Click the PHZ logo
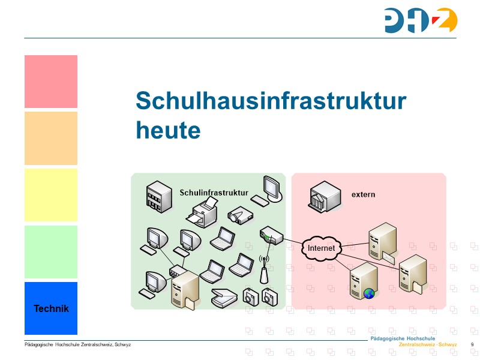pyautogui.click(x=421, y=20)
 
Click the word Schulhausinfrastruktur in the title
pyautogui.click(x=271, y=101)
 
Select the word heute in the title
pyautogui.click(x=168, y=129)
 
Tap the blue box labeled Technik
pyautogui.click(x=51, y=308)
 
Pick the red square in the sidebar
pyautogui.click(x=51, y=82)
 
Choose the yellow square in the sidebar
pyautogui.click(x=51, y=195)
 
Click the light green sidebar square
pyautogui.click(x=51, y=252)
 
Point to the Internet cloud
pyautogui.click(x=321, y=248)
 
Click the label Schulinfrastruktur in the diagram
pyautogui.click(x=214, y=193)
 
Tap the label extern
pyautogui.click(x=363, y=194)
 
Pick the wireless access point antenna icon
pyautogui.click(x=263, y=271)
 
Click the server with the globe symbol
pyautogui.click(x=364, y=282)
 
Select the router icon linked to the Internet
pyautogui.click(x=271, y=235)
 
